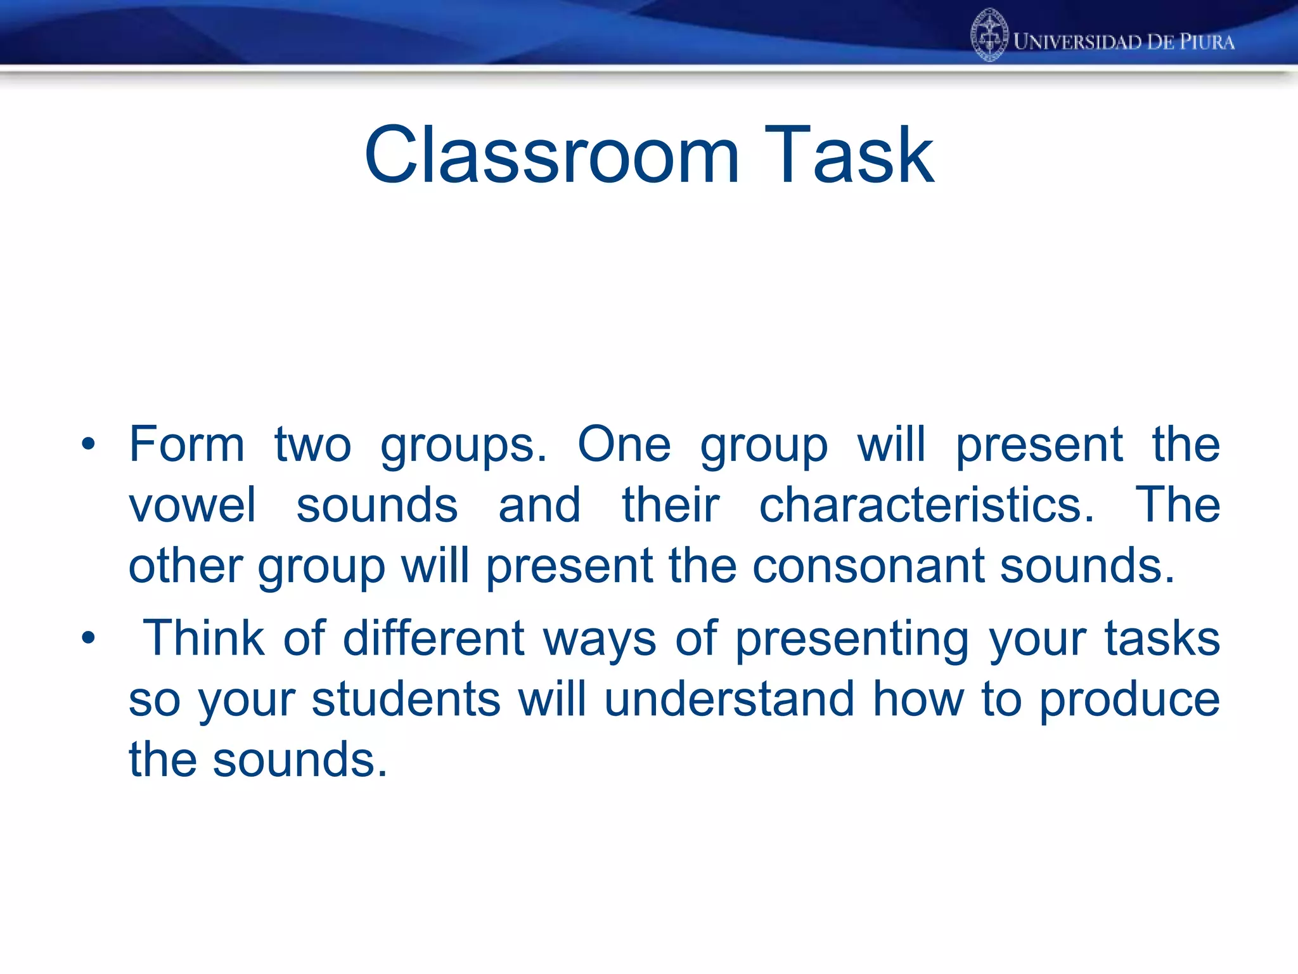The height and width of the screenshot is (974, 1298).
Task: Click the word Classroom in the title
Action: click(551, 155)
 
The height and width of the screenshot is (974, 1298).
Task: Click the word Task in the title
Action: click(849, 155)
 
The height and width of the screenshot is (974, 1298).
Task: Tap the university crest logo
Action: click(989, 36)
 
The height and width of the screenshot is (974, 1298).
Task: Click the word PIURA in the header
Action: click(1206, 42)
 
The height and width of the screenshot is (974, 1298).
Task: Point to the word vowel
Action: click(192, 505)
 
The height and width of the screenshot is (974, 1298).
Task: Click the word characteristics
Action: click(926, 505)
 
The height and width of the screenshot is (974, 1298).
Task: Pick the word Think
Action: click(203, 638)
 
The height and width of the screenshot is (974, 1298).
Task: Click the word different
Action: click(434, 638)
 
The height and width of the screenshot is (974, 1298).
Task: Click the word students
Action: click(406, 699)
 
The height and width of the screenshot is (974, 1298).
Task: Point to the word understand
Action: click(729, 699)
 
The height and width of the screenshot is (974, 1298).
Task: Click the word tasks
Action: click(1162, 638)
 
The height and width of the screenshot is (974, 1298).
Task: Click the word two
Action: click(312, 445)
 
